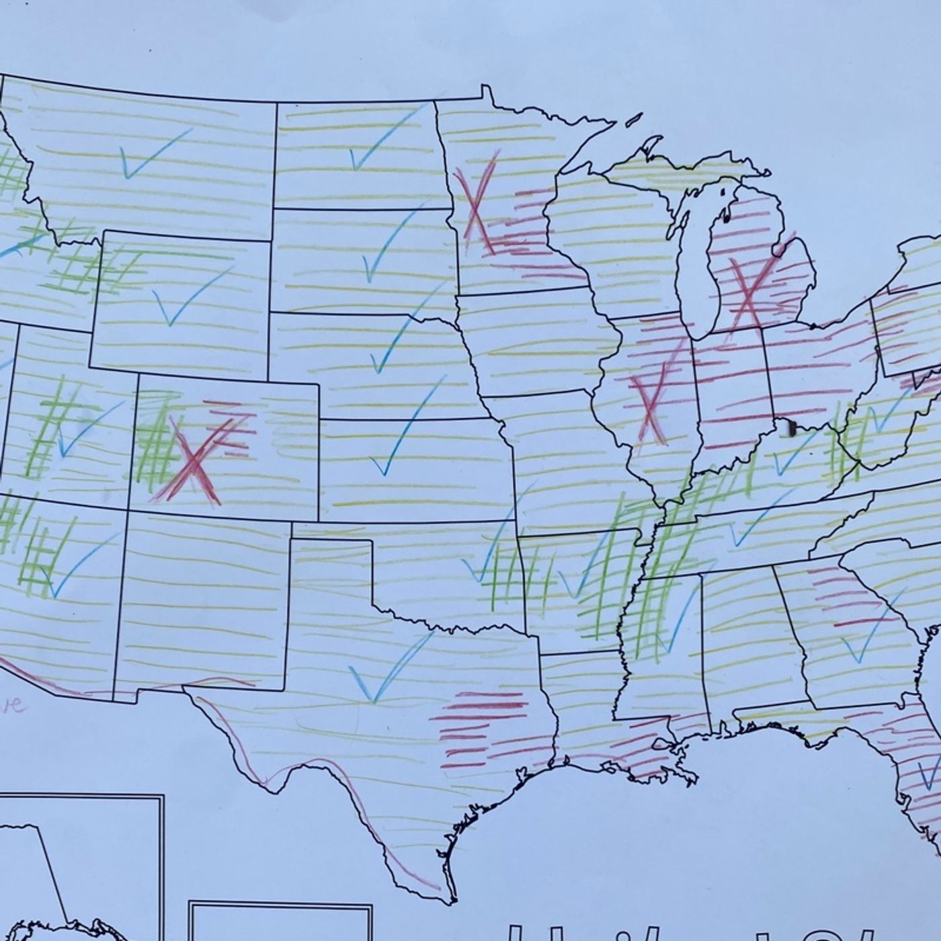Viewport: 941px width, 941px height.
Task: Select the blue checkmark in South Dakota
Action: [x=386, y=245]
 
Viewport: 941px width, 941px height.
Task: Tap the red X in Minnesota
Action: [x=476, y=202]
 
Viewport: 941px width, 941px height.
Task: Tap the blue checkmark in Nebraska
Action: [x=397, y=339]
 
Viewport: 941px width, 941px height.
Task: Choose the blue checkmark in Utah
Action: [x=84, y=430]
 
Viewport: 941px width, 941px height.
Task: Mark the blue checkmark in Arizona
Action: [x=74, y=568]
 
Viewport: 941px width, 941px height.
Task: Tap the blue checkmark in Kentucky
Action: [x=793, y=457]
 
